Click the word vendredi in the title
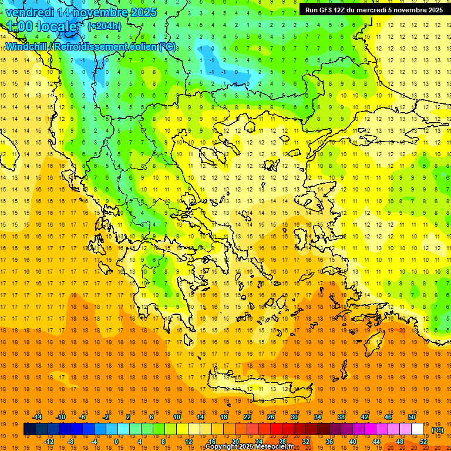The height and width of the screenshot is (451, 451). [x=29, y=12]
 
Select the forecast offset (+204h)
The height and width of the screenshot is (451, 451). [x=105, y=26]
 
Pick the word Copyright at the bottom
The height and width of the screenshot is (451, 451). [x=221, y=447]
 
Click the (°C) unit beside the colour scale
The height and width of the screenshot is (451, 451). [x=437, y=430]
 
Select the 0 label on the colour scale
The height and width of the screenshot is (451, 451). [x=116, y=442]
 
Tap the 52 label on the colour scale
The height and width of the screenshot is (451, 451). [x=423, y=442]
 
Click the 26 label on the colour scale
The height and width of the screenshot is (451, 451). [x=271, y=417]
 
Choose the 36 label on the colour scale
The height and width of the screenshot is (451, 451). [x=329, y=442]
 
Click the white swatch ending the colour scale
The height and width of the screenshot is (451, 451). [x=418, y=429]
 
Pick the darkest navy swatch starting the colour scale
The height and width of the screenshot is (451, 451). [x=29, y=429]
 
